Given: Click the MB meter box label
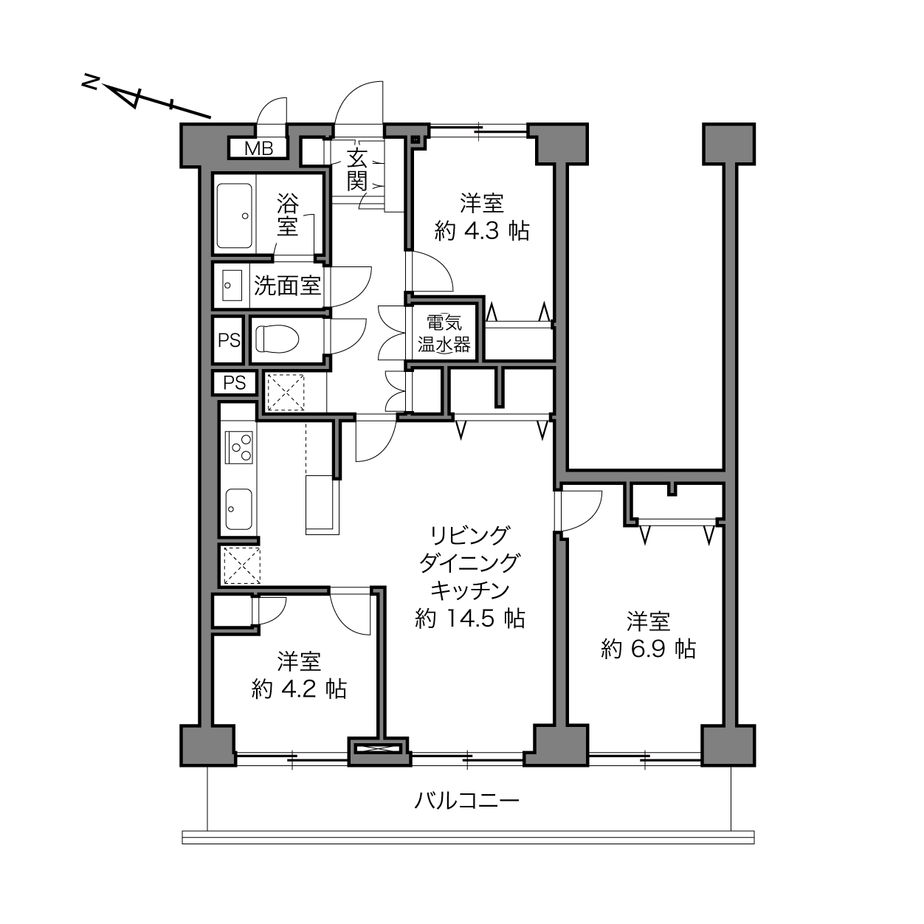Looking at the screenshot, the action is pyautogui.click(x=258, y=148).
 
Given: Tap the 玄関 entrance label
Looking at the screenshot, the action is pyautogui.click(x=357, y=169).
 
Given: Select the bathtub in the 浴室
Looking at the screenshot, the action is pyautogui.click(x=235, y=216).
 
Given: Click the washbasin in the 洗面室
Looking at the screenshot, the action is pyautogui.click(x=232, y=286).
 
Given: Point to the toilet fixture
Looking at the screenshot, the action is pyautogui.click(x=277, y=339).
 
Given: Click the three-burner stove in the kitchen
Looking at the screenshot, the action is pyautogui.click(x=239, y=447).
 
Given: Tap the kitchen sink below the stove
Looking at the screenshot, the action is pyautogui.click(x=239, y=509).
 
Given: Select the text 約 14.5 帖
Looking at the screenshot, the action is pyautogui.click(x=470, y=618).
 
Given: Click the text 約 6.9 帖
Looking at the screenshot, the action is pyautogui.click(x=648, y=649).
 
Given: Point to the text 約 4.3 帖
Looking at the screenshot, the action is pyautogui.click(x=482, y=231).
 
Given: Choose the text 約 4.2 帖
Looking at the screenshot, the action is pyautogui.click(x=299, y=689).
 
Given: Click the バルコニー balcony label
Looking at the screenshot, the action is pyautogui.click(x=466, y=801).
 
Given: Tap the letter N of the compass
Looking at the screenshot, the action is pyautogui.click(x=89, y=82).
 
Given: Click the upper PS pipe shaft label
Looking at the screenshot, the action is pyautogui.click(x=230, y=340).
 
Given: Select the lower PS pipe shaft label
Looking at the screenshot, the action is pyautogui.click(x=235, y=382).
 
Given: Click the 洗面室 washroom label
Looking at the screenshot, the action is pyautogui.click(x=287, y=286).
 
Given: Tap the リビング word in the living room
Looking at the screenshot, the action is pyautogui.click(x=469, y=536).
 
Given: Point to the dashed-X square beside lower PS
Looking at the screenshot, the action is pyautogui.click(x=286, y=393).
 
